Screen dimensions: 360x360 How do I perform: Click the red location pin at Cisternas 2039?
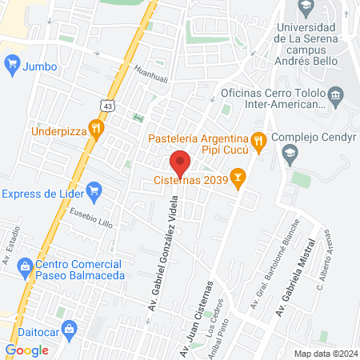tap(181, 162)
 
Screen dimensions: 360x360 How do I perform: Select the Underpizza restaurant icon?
tap(96, 127)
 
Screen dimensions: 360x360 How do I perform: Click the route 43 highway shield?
tap(106, 104)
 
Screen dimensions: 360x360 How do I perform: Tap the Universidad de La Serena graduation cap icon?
tap(306, 7)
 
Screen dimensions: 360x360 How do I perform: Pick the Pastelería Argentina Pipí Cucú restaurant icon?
tap(258, 142)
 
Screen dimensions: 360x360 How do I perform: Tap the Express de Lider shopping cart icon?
tap(94, 191)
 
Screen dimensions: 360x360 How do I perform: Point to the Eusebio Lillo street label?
tap(90, 217)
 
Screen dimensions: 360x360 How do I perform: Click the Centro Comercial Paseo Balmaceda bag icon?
tap(26, 265)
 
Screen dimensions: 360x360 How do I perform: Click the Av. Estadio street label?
tap(10, 246)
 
